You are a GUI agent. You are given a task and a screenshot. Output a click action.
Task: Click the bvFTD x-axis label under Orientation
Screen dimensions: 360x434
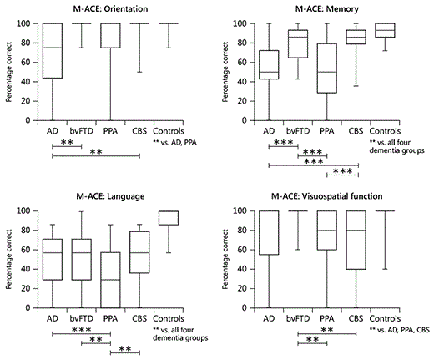[x=81, y=131]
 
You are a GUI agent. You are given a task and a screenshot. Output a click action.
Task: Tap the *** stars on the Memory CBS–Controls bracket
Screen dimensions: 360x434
[x=341, y=170]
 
